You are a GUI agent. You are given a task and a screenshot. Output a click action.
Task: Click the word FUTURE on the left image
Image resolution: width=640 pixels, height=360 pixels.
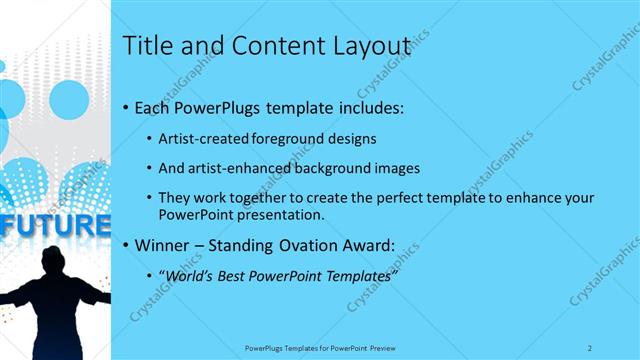coord(55,225)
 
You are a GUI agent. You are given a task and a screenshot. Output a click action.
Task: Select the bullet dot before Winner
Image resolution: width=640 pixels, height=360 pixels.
coord(124,246)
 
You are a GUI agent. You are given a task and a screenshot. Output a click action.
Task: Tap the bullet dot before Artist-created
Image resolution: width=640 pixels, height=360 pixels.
coord(149,140)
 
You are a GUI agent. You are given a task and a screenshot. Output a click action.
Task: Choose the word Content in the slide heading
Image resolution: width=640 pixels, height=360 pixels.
coord(275,46)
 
